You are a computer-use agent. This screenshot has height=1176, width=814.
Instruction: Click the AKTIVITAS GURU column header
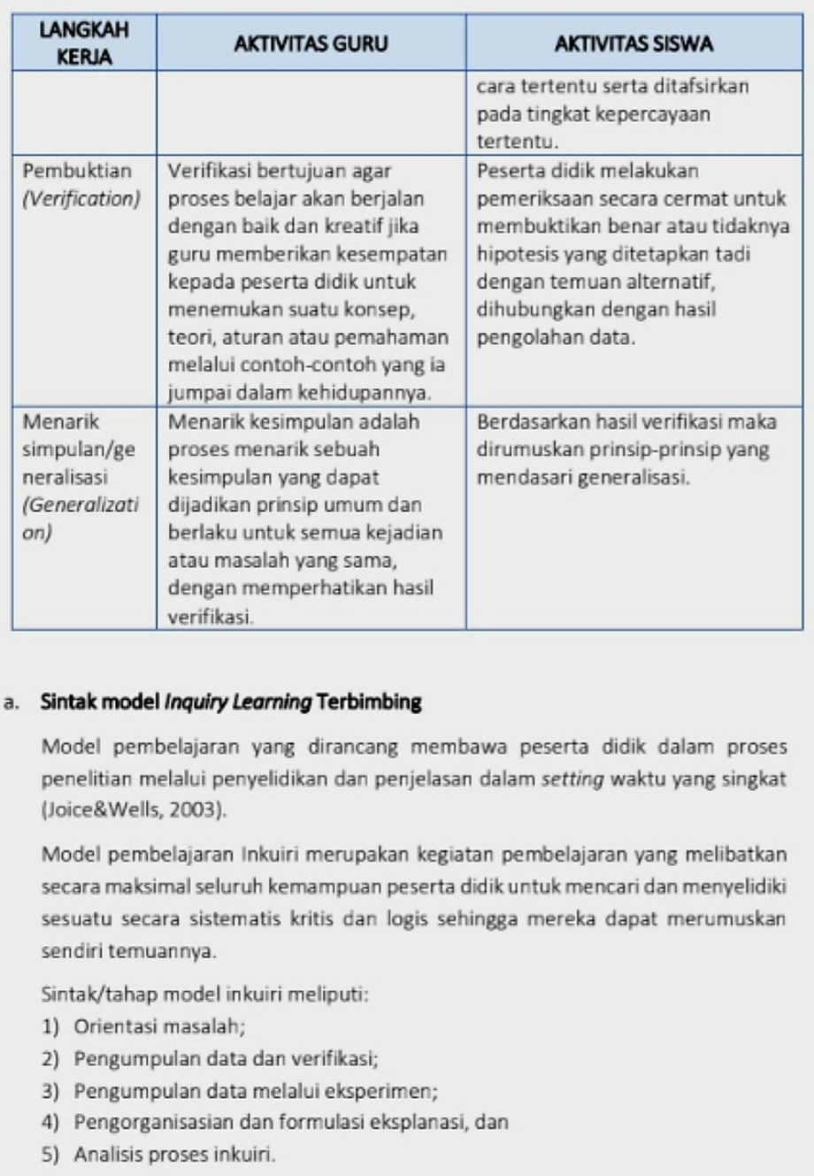311,43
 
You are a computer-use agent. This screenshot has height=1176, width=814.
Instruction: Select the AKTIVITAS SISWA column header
634,43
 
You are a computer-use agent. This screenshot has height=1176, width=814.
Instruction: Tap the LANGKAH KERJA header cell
84,43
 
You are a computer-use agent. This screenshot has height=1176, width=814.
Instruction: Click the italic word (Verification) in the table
81,198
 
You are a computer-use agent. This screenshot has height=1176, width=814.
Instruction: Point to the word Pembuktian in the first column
77,171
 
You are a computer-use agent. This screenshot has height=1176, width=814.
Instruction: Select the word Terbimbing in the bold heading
368,703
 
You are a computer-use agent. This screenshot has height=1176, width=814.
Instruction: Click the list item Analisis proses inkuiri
174,1154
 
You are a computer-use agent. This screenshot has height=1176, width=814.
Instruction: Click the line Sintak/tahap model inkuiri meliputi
204,994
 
